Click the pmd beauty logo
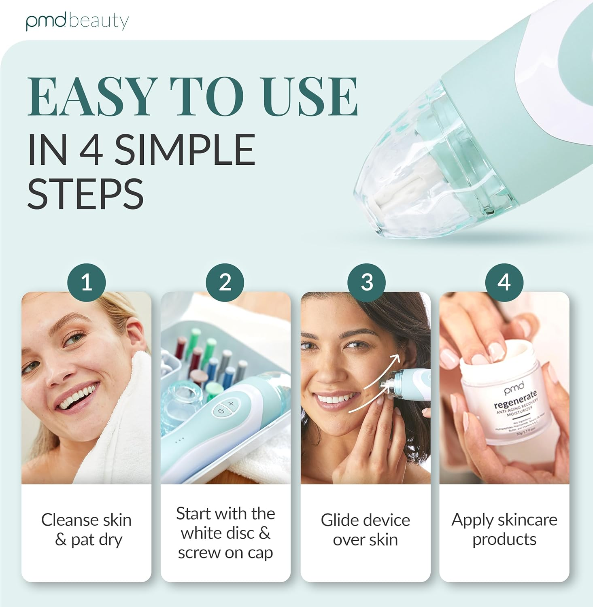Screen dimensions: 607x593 click(77, 21)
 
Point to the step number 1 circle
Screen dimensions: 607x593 click(87, 282)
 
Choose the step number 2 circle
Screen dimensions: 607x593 click(225, 282)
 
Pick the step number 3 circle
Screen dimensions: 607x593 click(366, 282)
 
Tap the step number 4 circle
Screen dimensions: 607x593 click(504, 282)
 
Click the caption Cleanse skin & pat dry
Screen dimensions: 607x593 click(87, 530)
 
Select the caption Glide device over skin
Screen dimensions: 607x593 click(366, 530)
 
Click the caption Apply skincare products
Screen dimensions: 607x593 click(504, 529)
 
